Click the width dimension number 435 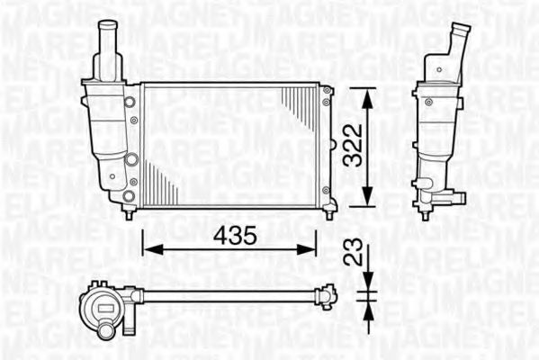[233, 236]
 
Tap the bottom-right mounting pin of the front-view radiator [330, 213]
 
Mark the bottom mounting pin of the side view [426, 213]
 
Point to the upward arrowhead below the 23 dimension [367, 307]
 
